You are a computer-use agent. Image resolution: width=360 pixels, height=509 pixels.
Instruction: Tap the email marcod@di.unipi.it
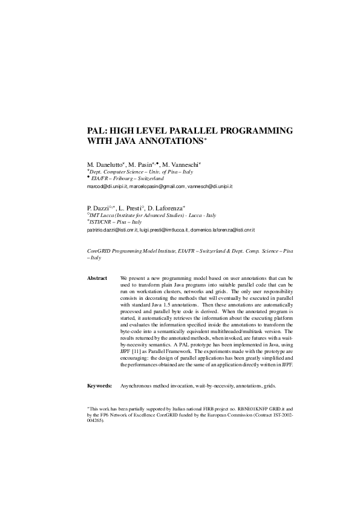[106, 187]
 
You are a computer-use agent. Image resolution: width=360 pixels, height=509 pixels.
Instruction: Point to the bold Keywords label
[99, 384]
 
